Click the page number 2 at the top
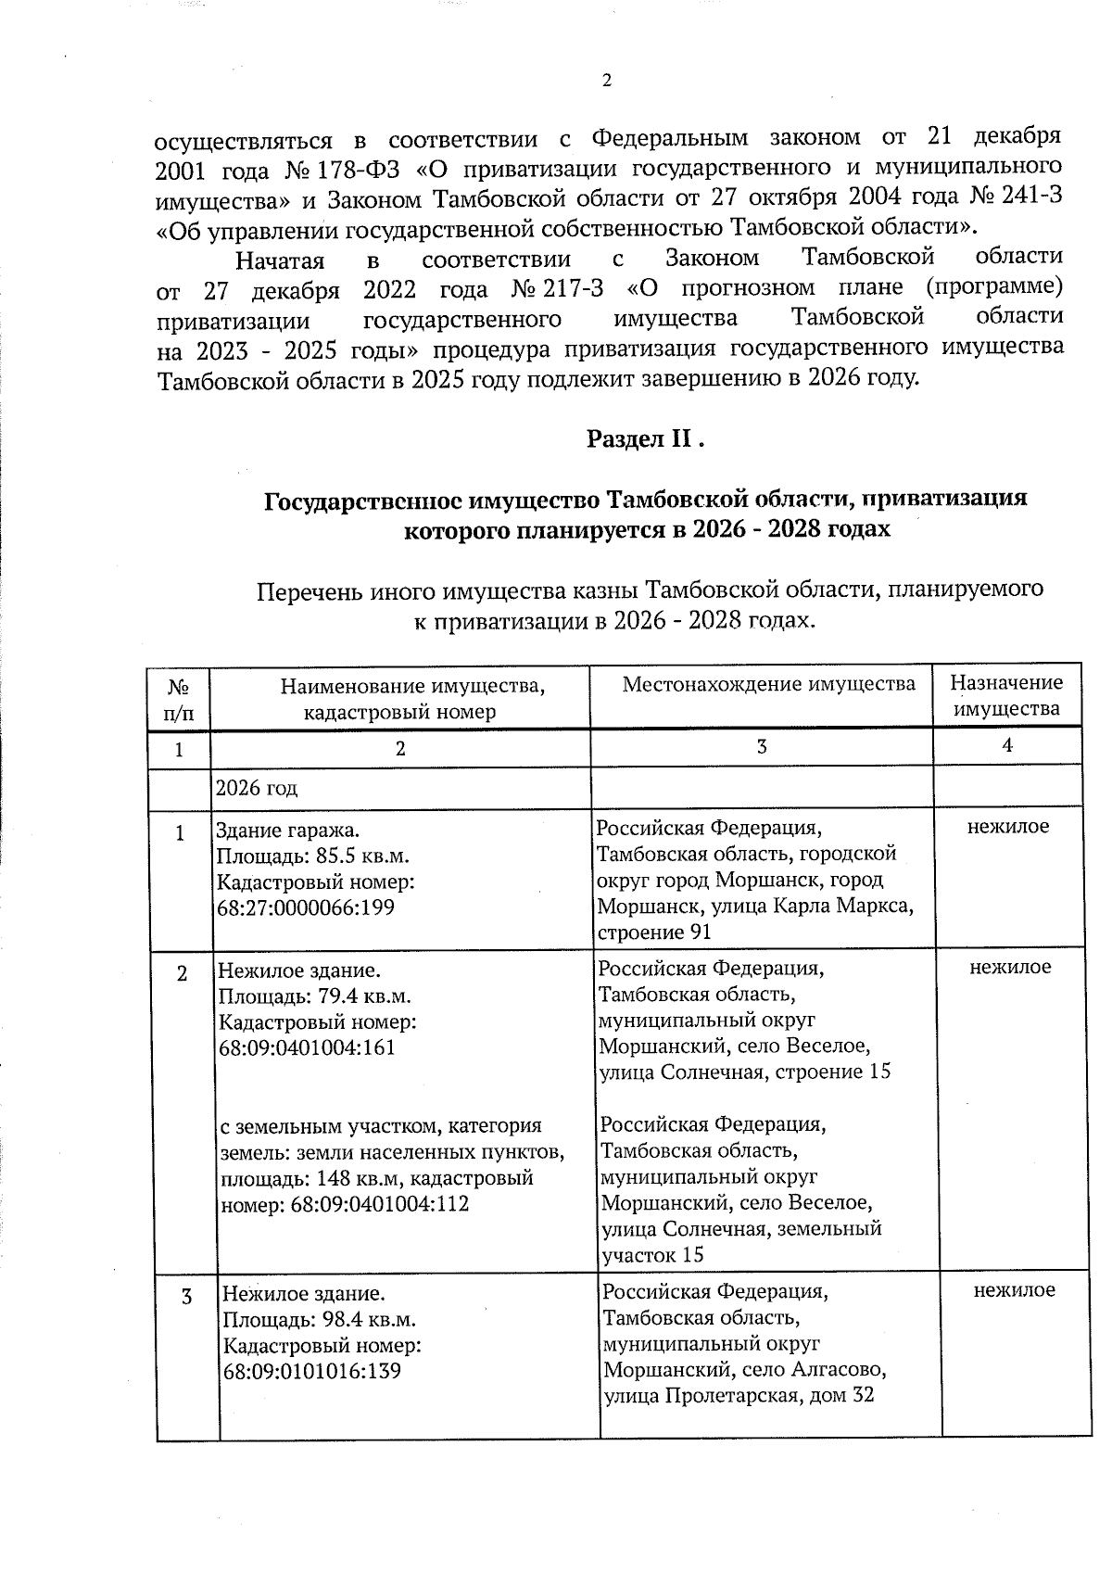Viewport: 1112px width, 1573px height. tap(607, 82)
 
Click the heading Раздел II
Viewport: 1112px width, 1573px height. tap(646, 439)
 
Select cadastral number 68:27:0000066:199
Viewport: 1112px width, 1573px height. tap(305, 907)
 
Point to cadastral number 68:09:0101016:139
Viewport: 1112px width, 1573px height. tap(312, 1370)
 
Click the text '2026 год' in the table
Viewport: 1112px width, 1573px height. tap(257, 789)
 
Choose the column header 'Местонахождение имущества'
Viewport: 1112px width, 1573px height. tap(768, 684)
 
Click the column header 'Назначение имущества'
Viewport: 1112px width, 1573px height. tap(1006, 696)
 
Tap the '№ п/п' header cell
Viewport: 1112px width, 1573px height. tap(180, 700)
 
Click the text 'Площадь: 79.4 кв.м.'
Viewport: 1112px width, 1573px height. tap(314, 997)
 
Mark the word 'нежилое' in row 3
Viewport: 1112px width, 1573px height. tap(1014, 1290)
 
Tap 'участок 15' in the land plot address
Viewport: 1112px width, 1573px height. tap(652, 1255)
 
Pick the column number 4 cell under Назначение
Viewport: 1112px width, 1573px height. tap(1007, 745)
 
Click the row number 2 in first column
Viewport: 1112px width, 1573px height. tap(183, 974)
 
